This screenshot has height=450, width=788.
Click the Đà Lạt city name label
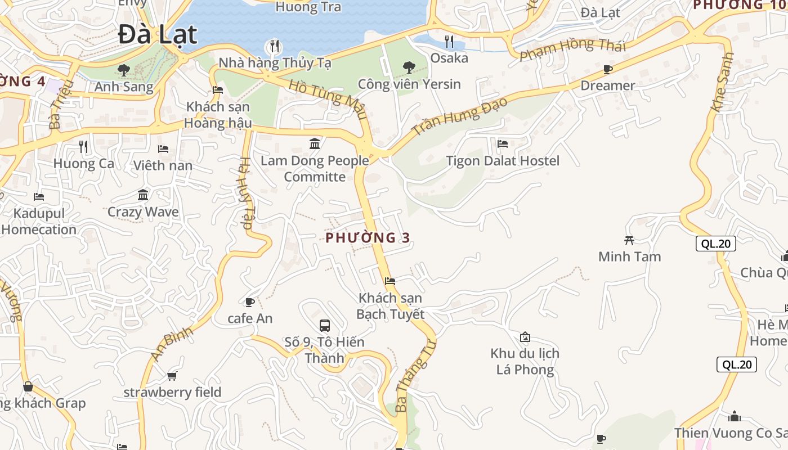(158, 35)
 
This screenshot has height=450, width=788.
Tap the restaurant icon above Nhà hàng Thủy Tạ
(274, 46)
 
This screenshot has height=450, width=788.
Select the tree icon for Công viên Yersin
(409, 67)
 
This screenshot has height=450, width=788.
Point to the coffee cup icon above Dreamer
(607, 69)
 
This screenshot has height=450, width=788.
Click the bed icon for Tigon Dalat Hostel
(503, 144)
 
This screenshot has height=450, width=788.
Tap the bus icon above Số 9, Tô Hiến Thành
(324, 325)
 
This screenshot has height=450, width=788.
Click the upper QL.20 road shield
(716, 244)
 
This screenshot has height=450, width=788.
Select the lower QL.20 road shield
(737, 364)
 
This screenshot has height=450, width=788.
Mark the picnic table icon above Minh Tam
(629, 240)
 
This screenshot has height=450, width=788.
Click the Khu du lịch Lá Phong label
(525, 361)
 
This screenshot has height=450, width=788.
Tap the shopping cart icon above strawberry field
(172, 376)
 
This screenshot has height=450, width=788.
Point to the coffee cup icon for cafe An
(250, 302)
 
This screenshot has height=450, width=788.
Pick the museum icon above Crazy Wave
(143, 195)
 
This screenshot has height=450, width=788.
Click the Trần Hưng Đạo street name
(459, 116)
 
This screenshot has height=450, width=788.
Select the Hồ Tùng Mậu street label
(328, 100)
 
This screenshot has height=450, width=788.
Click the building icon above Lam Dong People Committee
(315, 144)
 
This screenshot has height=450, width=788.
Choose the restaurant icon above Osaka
(449, 41)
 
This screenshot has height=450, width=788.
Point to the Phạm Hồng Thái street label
(572, 51)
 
